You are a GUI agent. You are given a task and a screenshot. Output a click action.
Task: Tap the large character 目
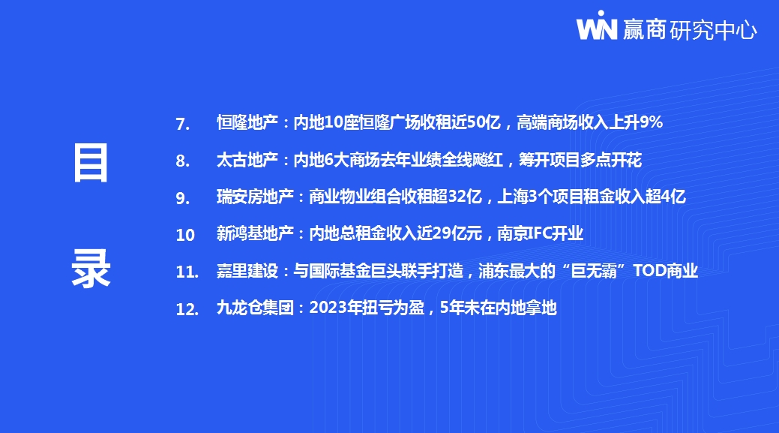coord(91,163)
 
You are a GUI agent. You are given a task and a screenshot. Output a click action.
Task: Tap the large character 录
coord(91,268)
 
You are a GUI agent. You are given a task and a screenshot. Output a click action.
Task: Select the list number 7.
coord(182,124)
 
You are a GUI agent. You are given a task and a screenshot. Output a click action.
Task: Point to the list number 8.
coord(182,161)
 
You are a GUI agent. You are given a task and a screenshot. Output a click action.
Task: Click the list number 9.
coord(182,198)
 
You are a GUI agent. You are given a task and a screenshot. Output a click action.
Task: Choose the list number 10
coord(184,235)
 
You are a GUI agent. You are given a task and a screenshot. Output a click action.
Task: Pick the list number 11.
coord(187,272)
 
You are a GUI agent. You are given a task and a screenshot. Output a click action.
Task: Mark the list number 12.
coord(187,309)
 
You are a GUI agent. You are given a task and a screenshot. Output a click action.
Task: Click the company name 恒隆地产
coord(247,122)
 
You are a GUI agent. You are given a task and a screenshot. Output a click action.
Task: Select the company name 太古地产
coord(247,160)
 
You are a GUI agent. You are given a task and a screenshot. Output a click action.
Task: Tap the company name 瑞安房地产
coord(255,197)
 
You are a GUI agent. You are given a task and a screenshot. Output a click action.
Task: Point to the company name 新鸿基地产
coord(255,233)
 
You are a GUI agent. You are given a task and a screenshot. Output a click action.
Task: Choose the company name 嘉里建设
coord(247,270)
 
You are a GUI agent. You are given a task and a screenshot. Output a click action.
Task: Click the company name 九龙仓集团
coord(255,308)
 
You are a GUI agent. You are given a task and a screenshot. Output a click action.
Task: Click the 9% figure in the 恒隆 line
coord(651,122)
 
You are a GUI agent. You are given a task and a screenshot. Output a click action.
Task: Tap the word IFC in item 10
coord(540,233)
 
